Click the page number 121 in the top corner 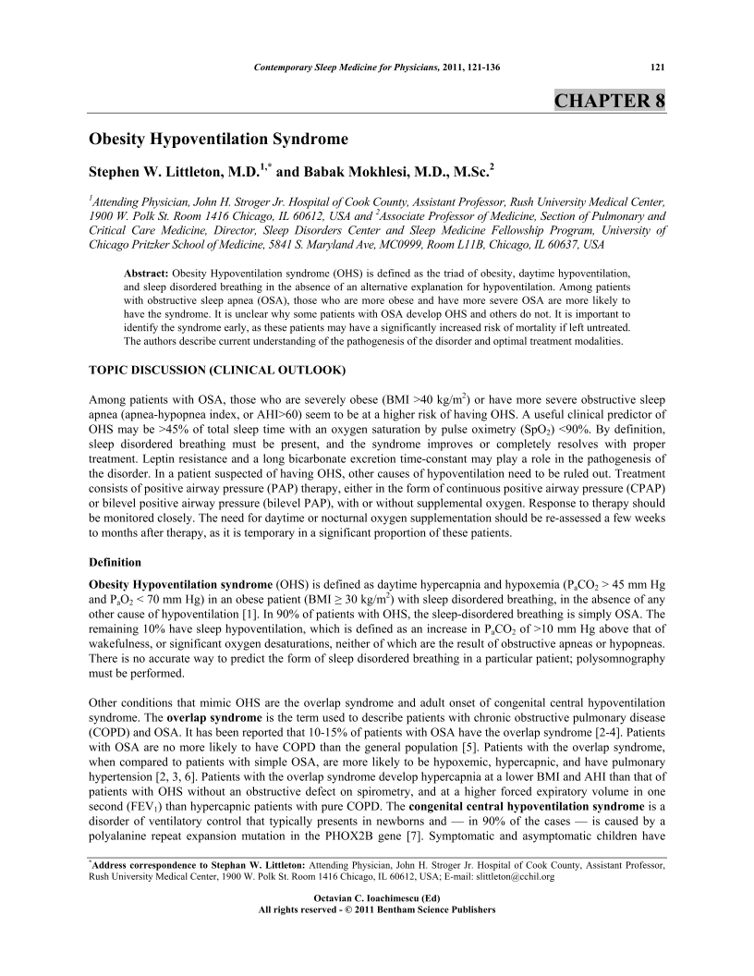click(x=659, y=67)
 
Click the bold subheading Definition click(x=115, y=561)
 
